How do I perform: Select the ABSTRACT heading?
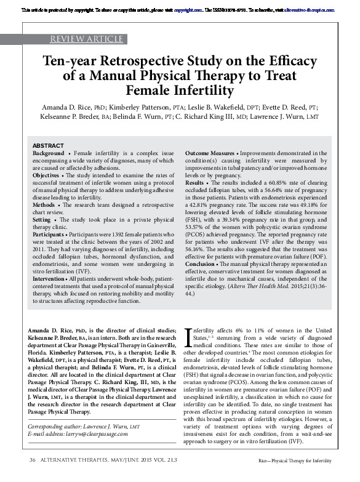(x=47, y=145)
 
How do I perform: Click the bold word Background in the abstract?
(x=48, y=153)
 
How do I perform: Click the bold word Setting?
(x=42, y=219)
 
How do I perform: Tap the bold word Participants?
(x=49, y=234)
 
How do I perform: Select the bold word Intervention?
(x=50, y=278)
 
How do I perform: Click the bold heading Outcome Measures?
(x=212, y=153)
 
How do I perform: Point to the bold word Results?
(x=195, y=183)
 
